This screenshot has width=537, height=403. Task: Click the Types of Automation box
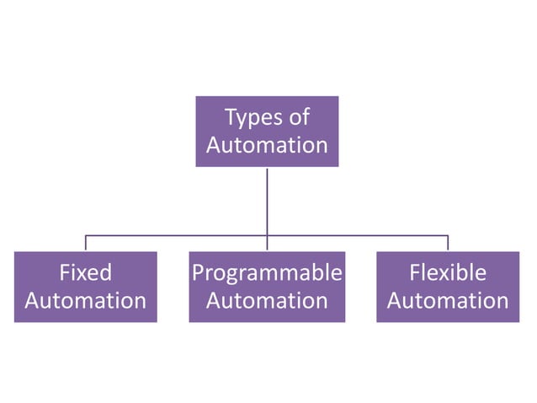(267, 131)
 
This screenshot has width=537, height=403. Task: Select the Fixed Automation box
(85, 287)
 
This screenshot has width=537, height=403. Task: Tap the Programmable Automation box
(267, 287)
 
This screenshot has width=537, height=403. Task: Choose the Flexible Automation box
(447, 287)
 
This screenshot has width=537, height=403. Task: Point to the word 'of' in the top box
(299, 117)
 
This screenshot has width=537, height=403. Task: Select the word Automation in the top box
(267, 145)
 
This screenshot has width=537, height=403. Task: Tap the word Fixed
(85, 273)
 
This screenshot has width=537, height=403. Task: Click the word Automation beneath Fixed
(85, 301)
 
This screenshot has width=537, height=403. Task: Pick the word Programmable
(267, 273)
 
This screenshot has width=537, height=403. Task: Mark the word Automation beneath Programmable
(267, 301)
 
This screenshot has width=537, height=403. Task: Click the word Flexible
(447, 273)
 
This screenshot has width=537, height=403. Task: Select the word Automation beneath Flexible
(447, 301)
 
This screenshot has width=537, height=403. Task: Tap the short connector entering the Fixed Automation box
(85, 243)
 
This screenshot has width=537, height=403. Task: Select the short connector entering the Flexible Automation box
(447, 243)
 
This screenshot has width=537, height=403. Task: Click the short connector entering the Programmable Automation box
(267, 244)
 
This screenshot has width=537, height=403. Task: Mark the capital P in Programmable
(198, 273)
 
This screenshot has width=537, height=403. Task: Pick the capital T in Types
(230, 117)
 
